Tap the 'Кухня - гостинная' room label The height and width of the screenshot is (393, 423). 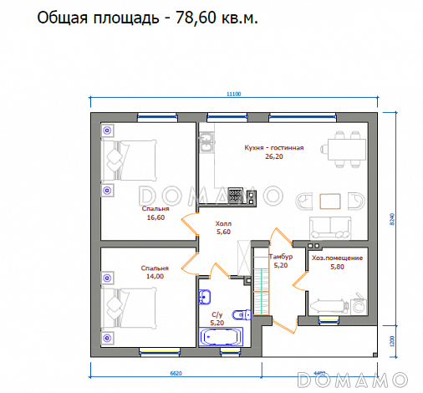(x=273, y=148)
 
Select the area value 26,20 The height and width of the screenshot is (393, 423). (x=273, y=156)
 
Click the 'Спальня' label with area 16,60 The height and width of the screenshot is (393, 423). (x=155, y=209)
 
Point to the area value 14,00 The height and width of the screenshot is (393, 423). (x=155, y=276)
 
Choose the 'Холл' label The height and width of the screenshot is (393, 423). (x=223, y=224)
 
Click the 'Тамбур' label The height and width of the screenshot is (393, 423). (x=280, y=256)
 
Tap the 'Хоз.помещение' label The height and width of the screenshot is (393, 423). (x=337, y=258)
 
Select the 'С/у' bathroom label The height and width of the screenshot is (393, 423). (x=217, y=314)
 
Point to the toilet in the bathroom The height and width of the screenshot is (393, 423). (x=242, y=315)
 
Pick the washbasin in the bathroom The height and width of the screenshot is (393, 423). (x=205, y=295)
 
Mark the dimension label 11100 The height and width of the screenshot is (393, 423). (x=233, y=94)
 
